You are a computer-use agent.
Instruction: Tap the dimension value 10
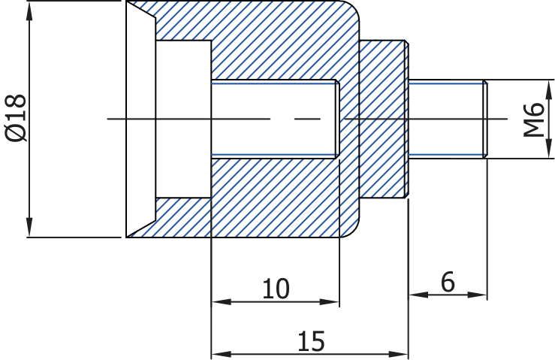coord(276,289)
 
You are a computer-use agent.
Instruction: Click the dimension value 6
coord(448,283)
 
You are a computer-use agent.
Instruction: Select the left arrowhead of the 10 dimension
coord(220,302)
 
